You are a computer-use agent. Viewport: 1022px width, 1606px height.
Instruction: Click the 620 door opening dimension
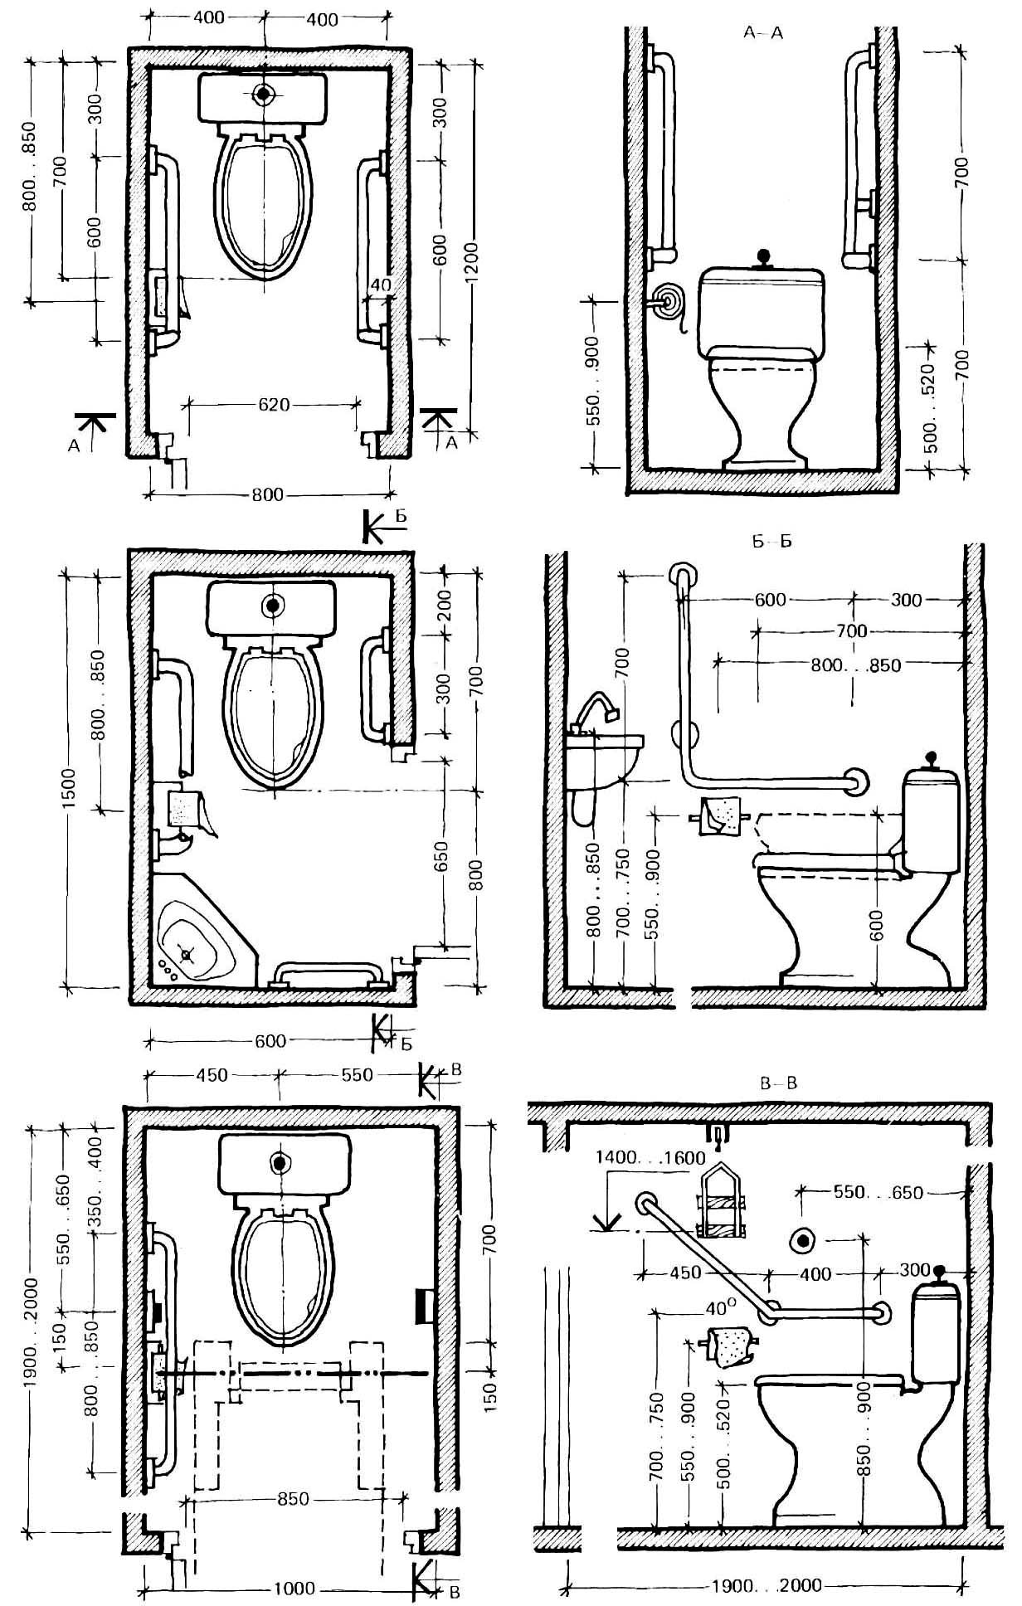click(x=274, y=405)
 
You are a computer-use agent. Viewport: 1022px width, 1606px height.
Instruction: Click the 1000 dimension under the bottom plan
click(x=294, y=1587)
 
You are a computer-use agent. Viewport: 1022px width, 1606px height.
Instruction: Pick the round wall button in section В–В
click(x=803, y=1240)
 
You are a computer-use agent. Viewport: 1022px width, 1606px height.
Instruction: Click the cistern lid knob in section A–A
click(x=763, y=260)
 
